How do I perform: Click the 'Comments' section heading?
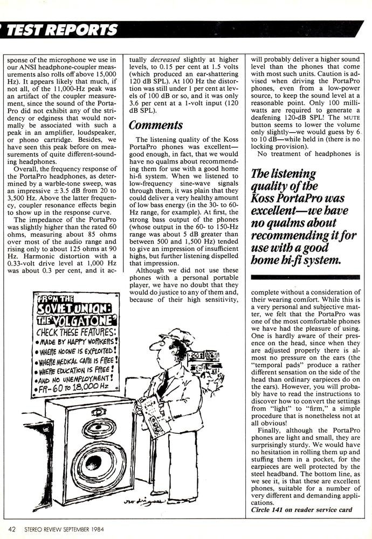pos(156,125)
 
